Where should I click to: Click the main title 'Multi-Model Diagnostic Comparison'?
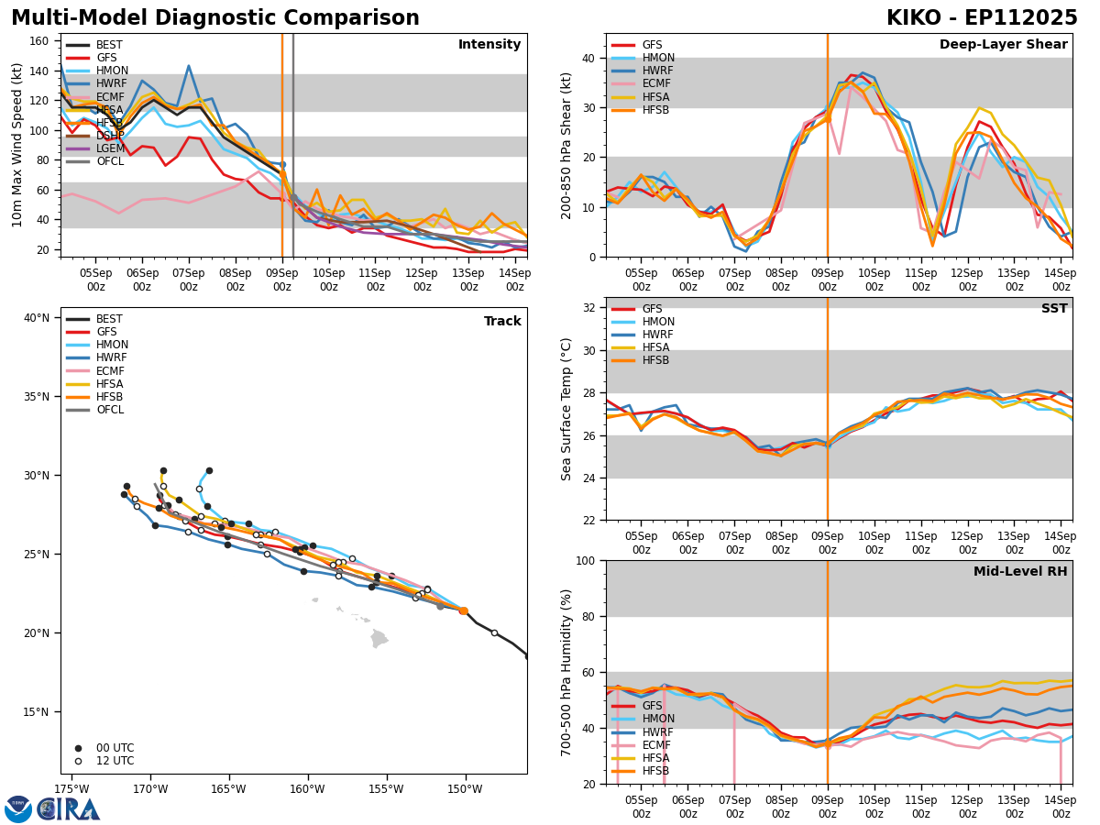(215, 18)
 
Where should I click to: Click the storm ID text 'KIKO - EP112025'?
(982, 18)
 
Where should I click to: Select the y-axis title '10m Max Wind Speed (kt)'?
(17, 145)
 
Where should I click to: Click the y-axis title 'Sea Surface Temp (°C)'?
(566, 409)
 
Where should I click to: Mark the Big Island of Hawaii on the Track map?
(379, 638)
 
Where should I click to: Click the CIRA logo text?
(70, 808)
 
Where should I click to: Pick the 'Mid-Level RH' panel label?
(1020, 572)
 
